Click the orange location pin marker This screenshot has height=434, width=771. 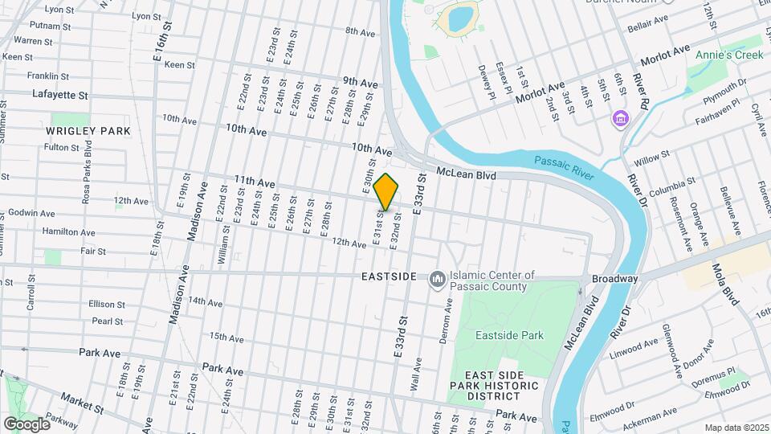point(386,192)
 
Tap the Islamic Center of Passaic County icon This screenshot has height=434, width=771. point(438,279)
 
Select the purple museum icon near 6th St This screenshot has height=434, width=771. point(619,120)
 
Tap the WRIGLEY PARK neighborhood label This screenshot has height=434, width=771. point(88,130)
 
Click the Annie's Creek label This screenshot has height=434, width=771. point(728,55)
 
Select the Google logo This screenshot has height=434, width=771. point(27,424)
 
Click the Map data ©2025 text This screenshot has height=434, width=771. point(736,428)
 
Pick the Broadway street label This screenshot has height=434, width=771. point(614,279)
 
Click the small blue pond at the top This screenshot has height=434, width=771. point(461,18)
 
